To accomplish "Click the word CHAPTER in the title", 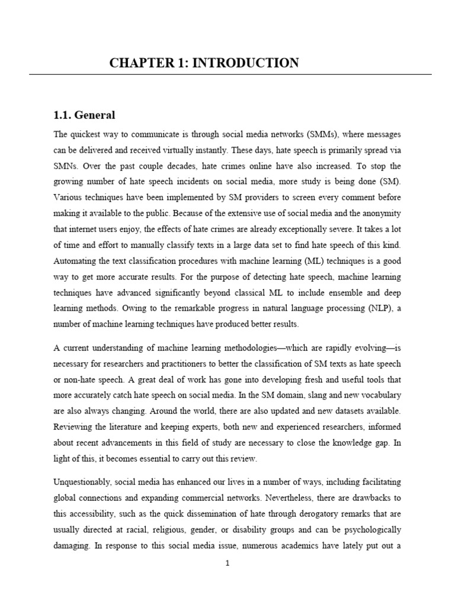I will tap(136, 63).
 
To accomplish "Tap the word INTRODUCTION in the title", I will tap(249, 63).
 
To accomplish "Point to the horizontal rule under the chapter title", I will tap(230, 75).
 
